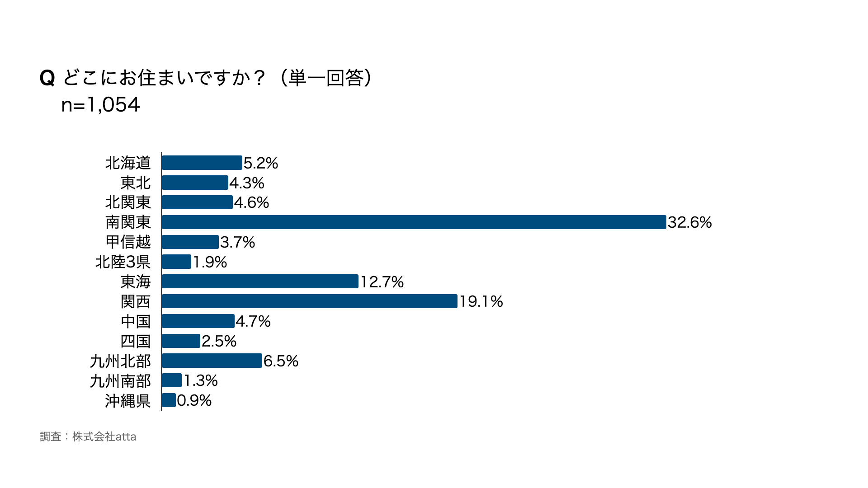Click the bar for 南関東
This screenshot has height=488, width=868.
tap(414, 222)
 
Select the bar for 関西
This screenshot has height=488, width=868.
tap(309, 301)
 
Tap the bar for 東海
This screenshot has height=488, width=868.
tap(260, 282)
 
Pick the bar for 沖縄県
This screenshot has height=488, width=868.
tap(169, 400)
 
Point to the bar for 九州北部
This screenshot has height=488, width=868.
tap(212, 361)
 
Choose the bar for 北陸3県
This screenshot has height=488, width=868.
tap(176, 262)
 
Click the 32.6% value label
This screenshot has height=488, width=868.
tap(689, 222)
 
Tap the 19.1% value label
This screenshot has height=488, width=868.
tap(481, 301)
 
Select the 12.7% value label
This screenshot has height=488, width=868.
tap(382, 282)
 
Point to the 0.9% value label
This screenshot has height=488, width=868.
tap(194, 400)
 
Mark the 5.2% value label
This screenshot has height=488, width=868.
tap(261, 163)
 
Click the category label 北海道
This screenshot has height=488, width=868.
tap(128, 163)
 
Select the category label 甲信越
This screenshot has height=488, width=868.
tap(128, 242)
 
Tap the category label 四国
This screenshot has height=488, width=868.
tap(136, 341)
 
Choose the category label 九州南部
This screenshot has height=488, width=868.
tap(120, 381)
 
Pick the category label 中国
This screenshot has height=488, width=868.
tap(136, 321)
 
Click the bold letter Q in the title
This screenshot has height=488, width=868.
tap(47, 78)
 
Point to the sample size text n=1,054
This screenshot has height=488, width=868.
tap(100, 105)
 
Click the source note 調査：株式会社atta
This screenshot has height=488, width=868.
tap(88, 436)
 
